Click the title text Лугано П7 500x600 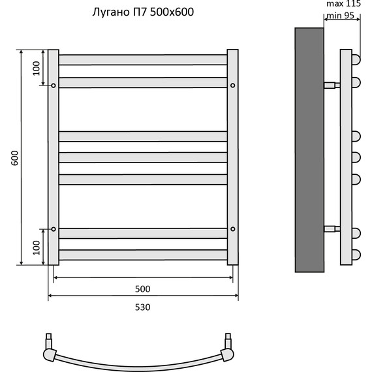140,12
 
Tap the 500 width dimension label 143,288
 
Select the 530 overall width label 143,307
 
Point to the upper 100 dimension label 37,67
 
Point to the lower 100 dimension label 37,247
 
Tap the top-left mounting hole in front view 54,85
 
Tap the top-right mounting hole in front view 232,85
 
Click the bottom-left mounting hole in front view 54,229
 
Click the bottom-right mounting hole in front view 232,229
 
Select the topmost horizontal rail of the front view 143,59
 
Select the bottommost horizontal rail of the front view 143,255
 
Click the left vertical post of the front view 54,157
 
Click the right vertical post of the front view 232,157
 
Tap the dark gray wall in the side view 309,150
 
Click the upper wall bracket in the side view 331,85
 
